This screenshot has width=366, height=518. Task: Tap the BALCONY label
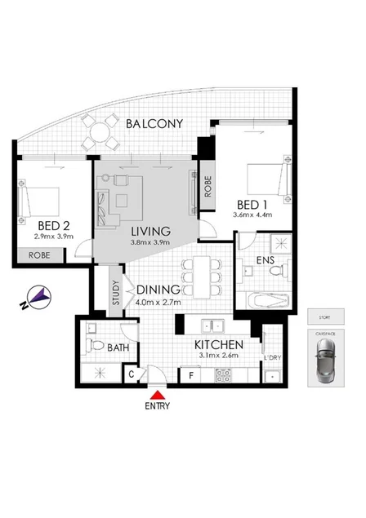pos(154,124)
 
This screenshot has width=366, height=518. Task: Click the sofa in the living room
pos(102,205)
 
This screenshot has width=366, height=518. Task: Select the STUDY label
pos(115,291)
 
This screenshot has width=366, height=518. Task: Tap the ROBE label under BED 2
pos(40,255)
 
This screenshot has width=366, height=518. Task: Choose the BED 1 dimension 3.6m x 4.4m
pos(252,216)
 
